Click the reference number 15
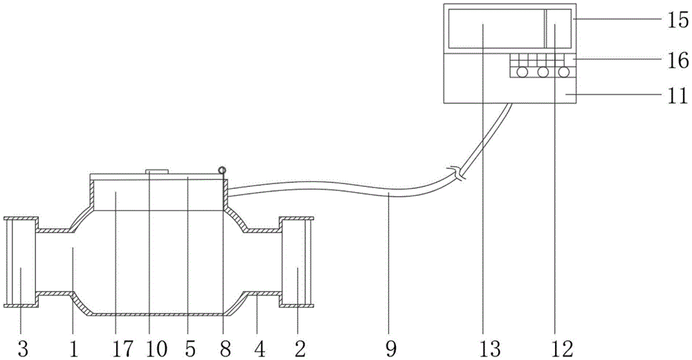pyautogui.click(x=677, y=20)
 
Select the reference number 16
pyautogui.click(x=677, y=60)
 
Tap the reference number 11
pyautogui.click(x=677, y=95)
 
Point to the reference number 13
pyautogui.click(x=491, y=349)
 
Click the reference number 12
pyautogui.click(x=563, y=349)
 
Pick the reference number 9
pyautogui.click(x=390, y=349)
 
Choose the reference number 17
pyautogui.click(x=122, y=349)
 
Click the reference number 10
pyautogui.click(x=156, y=349)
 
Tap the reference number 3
pyautogui.click(x=23, y=349)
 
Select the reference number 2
pyautogui.click(x=300, y=349)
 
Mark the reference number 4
pyautogui.click(x=260, y=349)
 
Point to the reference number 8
pyautogui.click(x=225, y=349)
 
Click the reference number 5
pyautogui.click(x=190, y=349)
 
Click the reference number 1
pyautogui.click(x=74, y=349)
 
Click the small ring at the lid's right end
pyautogui.click(x=222, y=170)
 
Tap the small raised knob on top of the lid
pyautogui.click(x=156, y=171)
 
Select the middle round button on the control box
pyautogui.click(x=543, y=71)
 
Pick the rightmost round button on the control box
pyautogui.click(x=563, y=71)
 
